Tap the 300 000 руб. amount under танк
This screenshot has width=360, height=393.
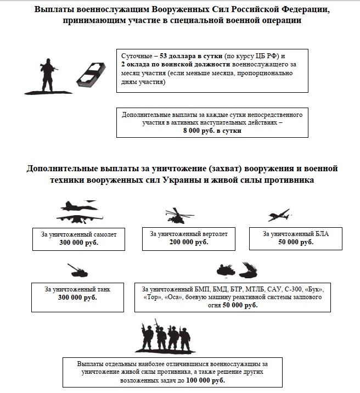pos(78,297)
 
